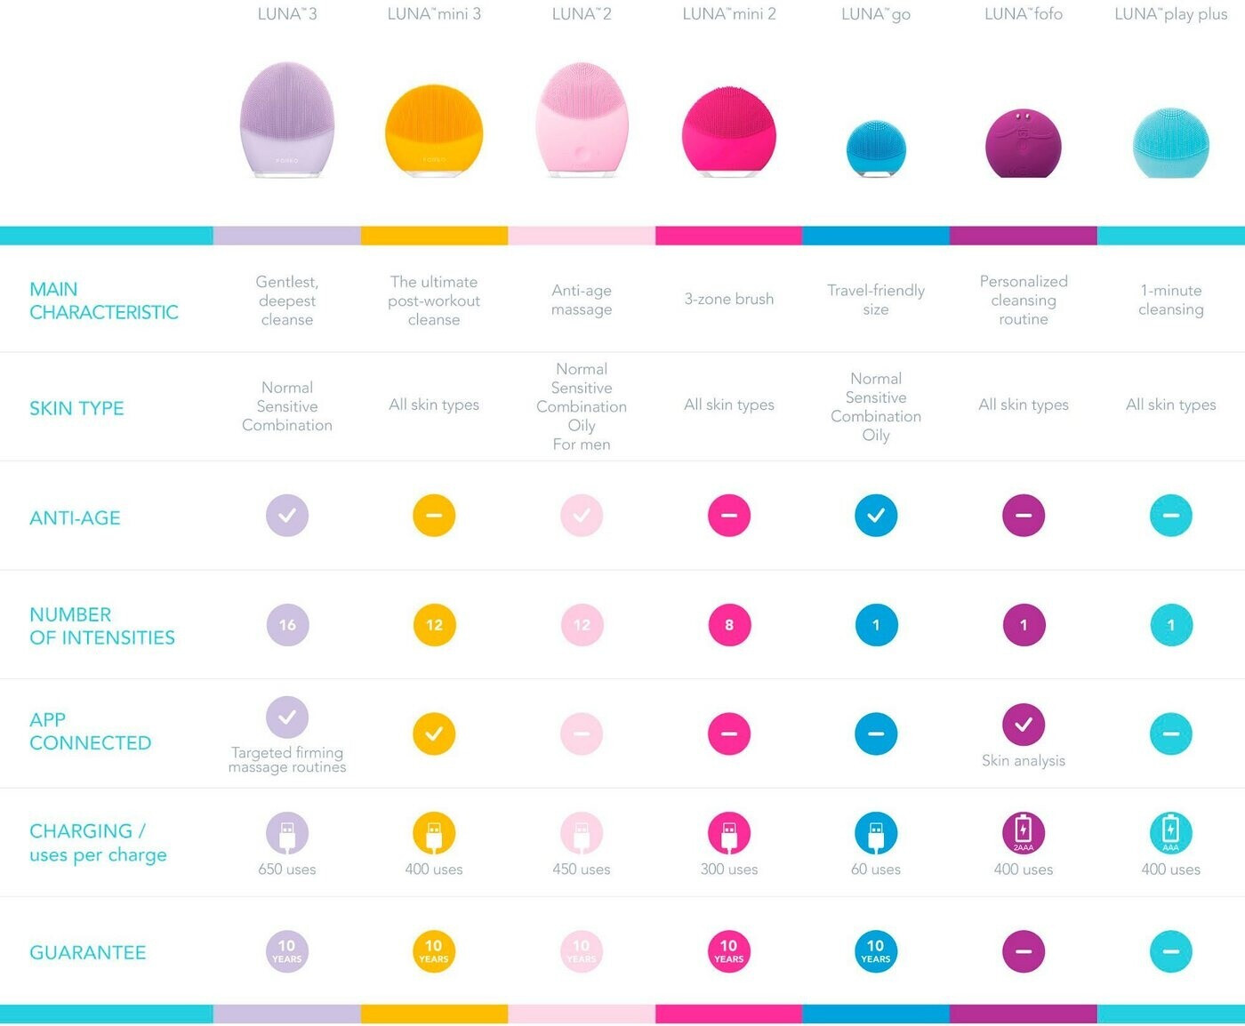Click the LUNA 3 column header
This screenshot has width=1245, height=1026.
(x=286, y=14)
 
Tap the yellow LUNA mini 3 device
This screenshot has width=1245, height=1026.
(x=434, y=132)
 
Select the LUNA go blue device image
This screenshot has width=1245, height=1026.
(x=876, y=148)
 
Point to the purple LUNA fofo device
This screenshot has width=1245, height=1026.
(x=1024, y=143)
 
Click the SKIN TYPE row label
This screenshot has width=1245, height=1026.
(x=76, y=408)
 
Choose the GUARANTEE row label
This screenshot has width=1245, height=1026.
(x=87, y=952)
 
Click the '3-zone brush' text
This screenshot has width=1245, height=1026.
(x=729, y=299)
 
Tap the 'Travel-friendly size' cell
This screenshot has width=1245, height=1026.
(x=876, y=300)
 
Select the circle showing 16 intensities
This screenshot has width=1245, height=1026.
(x=287, y=625)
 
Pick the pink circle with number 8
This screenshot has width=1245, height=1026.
(x=729, y=625)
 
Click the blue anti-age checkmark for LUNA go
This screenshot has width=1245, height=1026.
(x=876, y=516)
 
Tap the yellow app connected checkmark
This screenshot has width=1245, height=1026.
(x=434, y=734)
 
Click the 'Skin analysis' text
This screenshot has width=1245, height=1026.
(x=1024, y=760)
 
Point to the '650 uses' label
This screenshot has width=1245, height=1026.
(x=287, y=870)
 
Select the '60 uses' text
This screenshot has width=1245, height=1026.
(x=876, y=870)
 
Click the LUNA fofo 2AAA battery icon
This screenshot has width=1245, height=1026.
(x=1024, y=833)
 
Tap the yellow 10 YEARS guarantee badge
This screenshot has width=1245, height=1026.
(x=434, y=951)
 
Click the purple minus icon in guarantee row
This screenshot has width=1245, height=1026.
(x=1024, y=951)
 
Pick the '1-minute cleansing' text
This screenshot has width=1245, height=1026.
(x=1171, y=300)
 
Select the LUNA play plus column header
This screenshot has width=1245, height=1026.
(x=1171, y=14)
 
